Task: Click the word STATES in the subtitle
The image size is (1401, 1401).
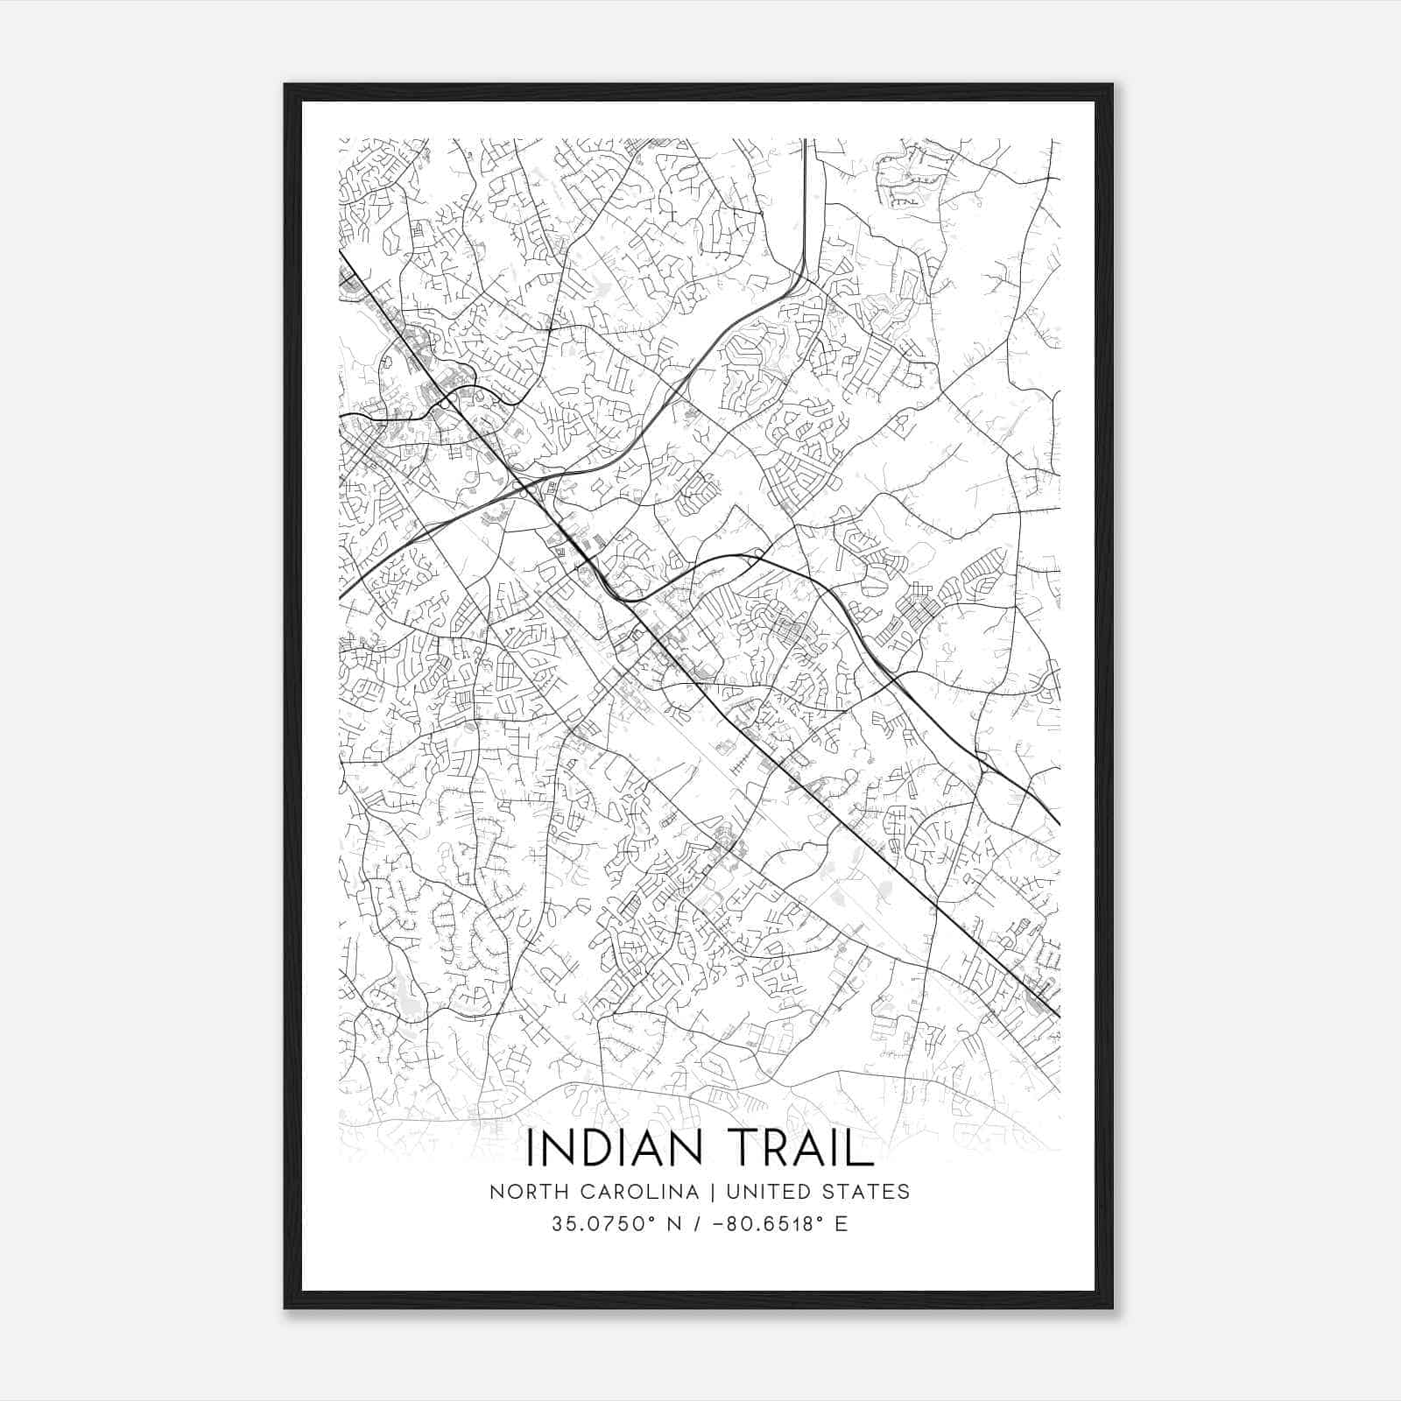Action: click(x=862, y=1192)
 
